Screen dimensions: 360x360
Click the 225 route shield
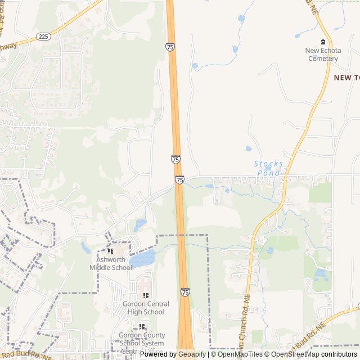43,36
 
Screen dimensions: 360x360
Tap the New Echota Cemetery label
323,55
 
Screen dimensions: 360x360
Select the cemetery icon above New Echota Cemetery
323,42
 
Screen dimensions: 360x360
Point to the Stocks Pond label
269,168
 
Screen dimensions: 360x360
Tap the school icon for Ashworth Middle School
110,251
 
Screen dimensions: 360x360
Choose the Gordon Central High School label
146,308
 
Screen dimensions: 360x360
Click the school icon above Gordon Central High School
146,295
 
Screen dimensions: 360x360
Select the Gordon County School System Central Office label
141,340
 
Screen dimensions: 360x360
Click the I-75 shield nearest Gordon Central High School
185,292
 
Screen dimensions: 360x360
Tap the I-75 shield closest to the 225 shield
170,47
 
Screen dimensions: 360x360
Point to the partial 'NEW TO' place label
346,78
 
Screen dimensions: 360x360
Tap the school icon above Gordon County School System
142,326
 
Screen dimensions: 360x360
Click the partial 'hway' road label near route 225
8,47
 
